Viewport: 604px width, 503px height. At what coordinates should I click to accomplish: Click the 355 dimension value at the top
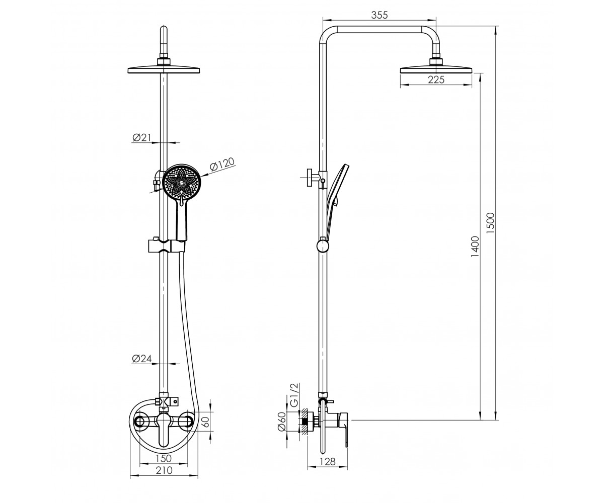(x=379, y=15)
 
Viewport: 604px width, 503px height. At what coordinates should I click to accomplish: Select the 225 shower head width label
(x=436, y=79)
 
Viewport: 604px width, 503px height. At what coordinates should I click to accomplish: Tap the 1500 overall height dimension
(x=491, y=223)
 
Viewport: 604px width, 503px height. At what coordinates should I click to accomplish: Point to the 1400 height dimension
(x=475, y=246)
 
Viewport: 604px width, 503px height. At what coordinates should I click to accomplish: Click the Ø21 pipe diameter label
(x=142, y=138)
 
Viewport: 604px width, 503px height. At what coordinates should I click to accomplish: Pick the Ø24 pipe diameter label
(x=142, y=359)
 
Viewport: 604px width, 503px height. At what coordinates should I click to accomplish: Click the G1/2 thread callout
(x=294, y=395)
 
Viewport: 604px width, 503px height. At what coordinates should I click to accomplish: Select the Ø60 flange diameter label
(x=282, y=422)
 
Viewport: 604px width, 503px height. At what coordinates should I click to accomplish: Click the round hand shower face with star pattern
(x=181, y=183)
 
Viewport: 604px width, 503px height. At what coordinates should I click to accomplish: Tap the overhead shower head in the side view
(x=436, y=70)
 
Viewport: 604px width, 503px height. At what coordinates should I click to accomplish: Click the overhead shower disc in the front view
(x=164, y=70)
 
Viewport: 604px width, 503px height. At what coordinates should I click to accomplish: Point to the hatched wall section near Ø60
(x=304, y=421)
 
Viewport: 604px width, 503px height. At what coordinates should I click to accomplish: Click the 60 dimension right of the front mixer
(x=206, y=422)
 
